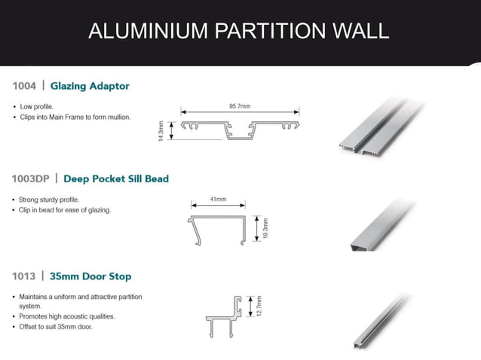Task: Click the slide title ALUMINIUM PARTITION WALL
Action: coord(238,31)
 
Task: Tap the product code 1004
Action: coord(24,86)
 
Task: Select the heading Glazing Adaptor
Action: coord(90,86)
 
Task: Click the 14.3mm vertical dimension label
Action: coord(161,132)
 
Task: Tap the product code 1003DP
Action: coord(31,179)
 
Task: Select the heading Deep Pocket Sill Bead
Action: coord(116,179)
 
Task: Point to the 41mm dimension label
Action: coord(218,200)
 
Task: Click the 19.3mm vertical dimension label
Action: coord(265,229)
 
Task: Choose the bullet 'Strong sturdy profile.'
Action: coord(50,200)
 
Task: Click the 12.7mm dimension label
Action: coord(259,307)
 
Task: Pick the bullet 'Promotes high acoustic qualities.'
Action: coord(67,316)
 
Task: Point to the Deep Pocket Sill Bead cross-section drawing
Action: coord(219,230)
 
